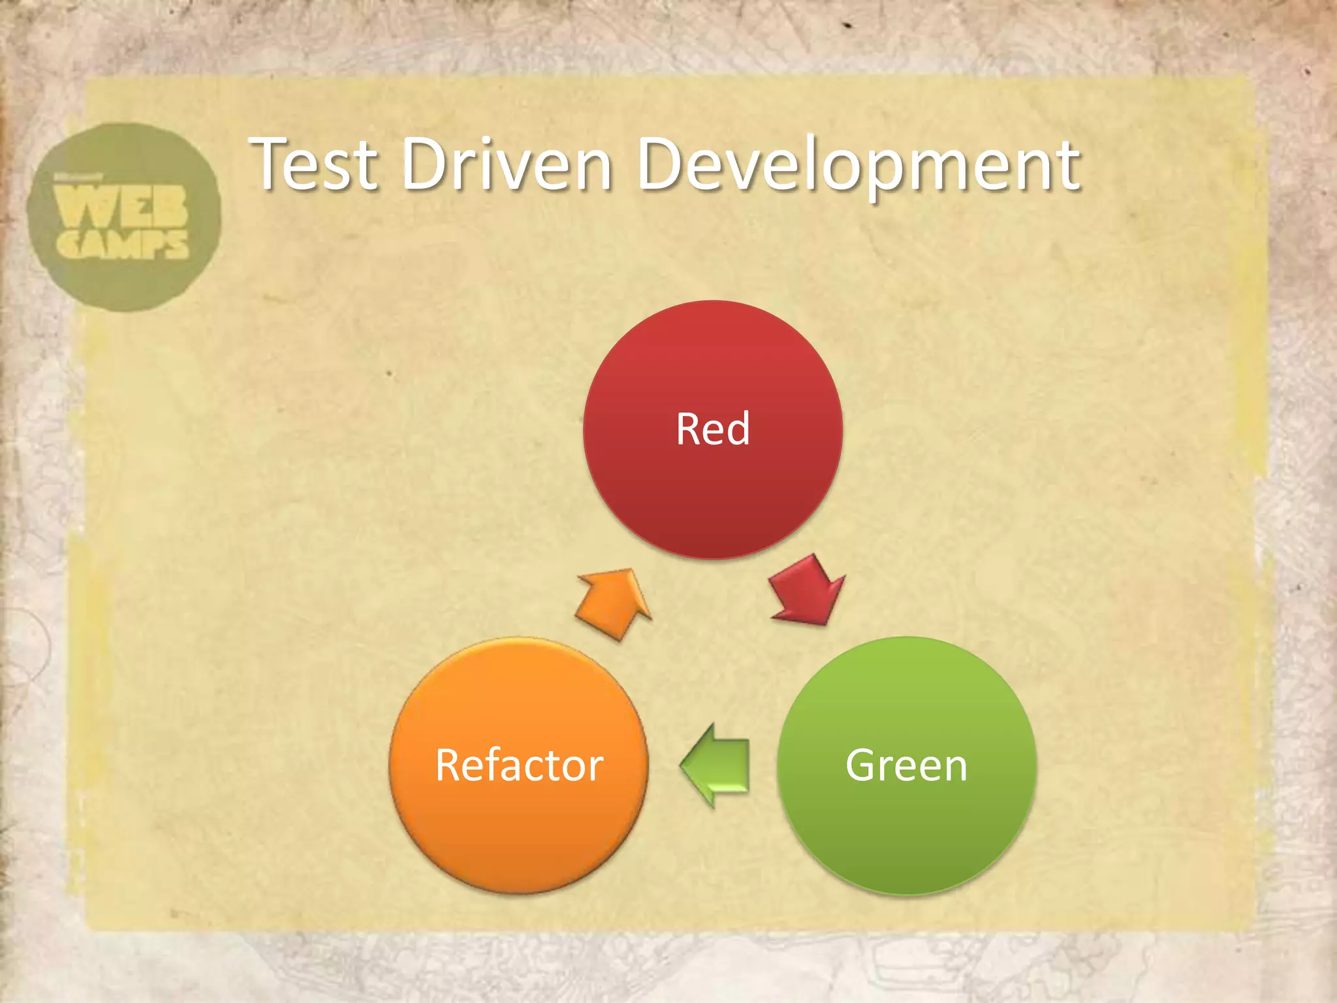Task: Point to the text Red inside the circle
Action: tap(712, 429)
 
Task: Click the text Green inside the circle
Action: tap(906, 765)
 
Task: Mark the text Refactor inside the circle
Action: tap(518, 765)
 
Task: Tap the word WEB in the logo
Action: tap(121, 205)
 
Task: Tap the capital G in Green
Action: tap(862, 765)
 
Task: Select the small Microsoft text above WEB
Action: tap(78, 178)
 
